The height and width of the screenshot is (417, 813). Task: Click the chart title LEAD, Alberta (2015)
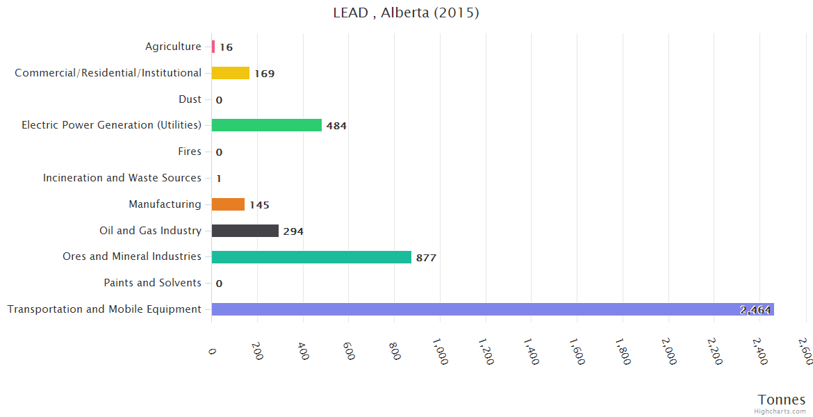[x=406, y=13]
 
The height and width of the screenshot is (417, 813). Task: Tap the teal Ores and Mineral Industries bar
[x=311, y=257]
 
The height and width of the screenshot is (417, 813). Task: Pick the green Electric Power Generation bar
[x=267, y=125]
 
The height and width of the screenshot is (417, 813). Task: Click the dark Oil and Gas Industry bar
[x=245, y=231]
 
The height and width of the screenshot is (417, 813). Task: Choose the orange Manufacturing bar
[x=228, y=204]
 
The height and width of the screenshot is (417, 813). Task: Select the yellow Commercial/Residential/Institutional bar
[x=230, y=73]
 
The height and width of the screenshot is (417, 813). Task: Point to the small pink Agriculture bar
[x=213, y=47]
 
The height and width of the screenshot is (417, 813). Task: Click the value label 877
[x=426, y=258]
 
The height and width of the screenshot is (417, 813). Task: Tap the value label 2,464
[x=755, y=310]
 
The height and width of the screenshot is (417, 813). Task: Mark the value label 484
[x=336, y=126]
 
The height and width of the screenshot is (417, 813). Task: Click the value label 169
[x=265, y=74]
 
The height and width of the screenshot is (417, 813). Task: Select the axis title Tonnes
[x=782, y=400]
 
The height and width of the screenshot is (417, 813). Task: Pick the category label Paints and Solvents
[x=152, y=283]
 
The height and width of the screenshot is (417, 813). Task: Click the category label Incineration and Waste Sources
[x=122, y=178]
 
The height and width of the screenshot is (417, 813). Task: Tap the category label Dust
[x=190, y=99]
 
